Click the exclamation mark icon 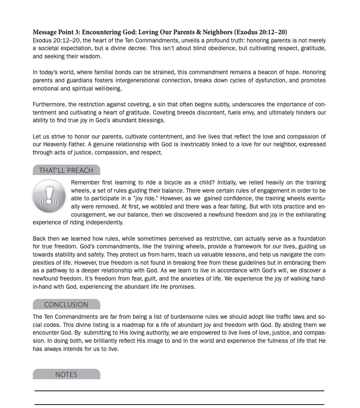tap(49, 196)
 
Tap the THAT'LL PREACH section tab tap(66, 170)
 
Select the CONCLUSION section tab tap(66, 305)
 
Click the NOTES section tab tap(66, 375)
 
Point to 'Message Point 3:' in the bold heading tap(56, 32)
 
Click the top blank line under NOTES tap(179, 391)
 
